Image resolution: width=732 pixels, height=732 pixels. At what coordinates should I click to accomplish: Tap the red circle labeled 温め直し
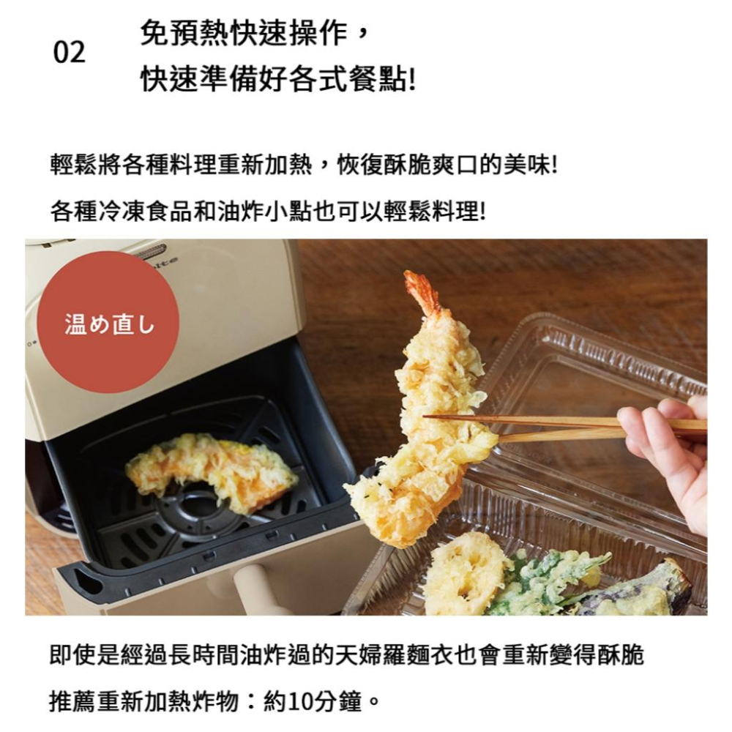[x=108, y=322]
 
